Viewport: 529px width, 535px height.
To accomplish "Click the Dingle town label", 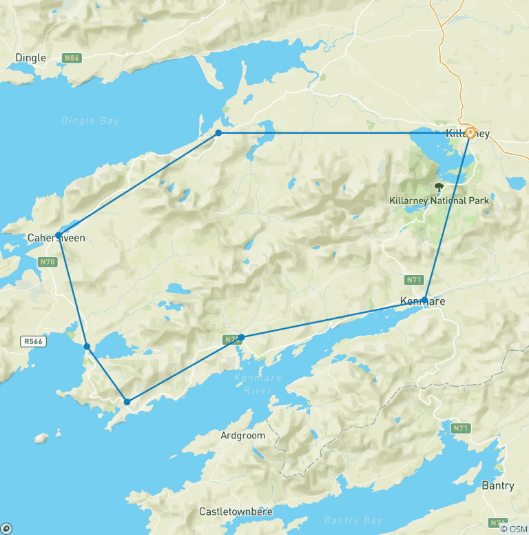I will (31, 58).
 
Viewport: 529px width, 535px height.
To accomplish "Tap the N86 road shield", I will (72, 58).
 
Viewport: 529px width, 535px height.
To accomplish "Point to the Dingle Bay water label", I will (90, 121).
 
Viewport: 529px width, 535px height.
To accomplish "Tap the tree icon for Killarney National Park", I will (439, 186).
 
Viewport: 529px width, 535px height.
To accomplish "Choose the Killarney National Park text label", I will (439, 201).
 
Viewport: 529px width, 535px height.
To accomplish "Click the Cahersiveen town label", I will (56, 238).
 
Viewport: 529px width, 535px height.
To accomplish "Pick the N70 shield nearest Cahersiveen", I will (47, 261).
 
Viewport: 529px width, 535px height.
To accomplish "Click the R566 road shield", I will (33, 341).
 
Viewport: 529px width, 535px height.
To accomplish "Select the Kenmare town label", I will (422, 301).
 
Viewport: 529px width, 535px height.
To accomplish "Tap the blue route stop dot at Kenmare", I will (425, 299).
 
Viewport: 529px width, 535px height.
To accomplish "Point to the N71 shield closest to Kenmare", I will (413, 279).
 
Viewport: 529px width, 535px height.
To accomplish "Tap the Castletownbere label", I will (236, 512).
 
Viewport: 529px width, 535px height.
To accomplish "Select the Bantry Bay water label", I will (357, 521).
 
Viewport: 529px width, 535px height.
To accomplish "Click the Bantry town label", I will (497, 485).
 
